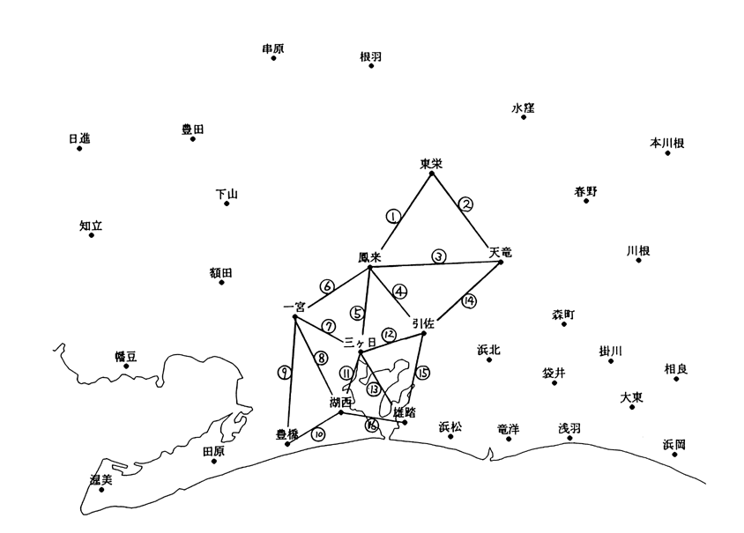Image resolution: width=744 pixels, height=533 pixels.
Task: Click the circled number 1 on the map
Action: [x=393, y=216]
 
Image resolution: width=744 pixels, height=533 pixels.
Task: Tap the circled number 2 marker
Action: [x=467, y=204]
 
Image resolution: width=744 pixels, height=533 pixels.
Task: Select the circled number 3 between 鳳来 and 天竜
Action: [x=438, y=256]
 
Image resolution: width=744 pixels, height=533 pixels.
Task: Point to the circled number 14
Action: [x=469, y=300]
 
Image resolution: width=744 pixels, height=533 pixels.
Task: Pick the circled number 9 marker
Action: [x=284, y=373]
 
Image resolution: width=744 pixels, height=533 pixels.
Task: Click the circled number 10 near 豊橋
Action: [x=318, y=433]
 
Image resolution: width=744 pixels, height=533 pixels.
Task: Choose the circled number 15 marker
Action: [x=423, y=373]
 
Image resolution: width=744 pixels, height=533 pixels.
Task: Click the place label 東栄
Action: [x=430, y=163]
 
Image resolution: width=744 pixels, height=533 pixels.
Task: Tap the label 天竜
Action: [x=500, y=252]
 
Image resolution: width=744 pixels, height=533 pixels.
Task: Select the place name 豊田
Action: [x=192, y=129]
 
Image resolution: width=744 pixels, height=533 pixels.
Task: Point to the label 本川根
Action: [x=667, y=142]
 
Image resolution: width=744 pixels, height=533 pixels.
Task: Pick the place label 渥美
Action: [x=101, y=478]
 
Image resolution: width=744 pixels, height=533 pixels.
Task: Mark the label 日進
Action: [x=79, y=138]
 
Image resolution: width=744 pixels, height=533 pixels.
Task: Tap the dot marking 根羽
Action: [x=371, y=66]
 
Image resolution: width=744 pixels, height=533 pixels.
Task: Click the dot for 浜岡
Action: [x=674, y=455]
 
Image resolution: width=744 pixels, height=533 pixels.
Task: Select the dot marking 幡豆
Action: [x=126, y=366]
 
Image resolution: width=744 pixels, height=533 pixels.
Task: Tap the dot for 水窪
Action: [x=524, y=116]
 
